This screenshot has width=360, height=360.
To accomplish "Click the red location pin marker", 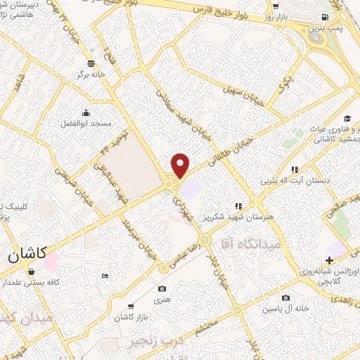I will (x=181, y=165).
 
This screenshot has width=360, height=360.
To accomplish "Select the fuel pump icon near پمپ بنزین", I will (x=323, y=17).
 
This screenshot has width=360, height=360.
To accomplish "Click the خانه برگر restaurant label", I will (x=91, y=74).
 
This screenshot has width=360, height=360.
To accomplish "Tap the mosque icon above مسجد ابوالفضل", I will (x=86, y=112).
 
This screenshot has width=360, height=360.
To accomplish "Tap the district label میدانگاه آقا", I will (x=247, y=243).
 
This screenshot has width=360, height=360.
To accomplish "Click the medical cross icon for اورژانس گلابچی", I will (x=329, y=261).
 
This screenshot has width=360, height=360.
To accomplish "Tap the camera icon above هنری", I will (x=162, y=288).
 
